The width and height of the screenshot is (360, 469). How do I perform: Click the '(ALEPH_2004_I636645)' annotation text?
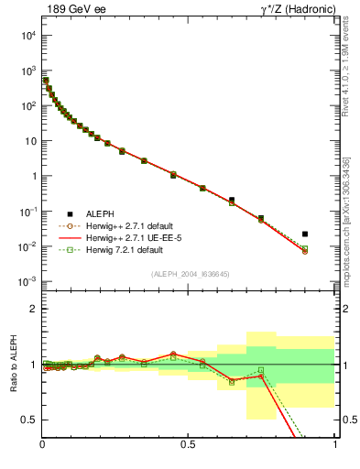coord(191,273)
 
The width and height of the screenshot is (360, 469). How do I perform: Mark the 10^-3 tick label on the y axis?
coord(27,282)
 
